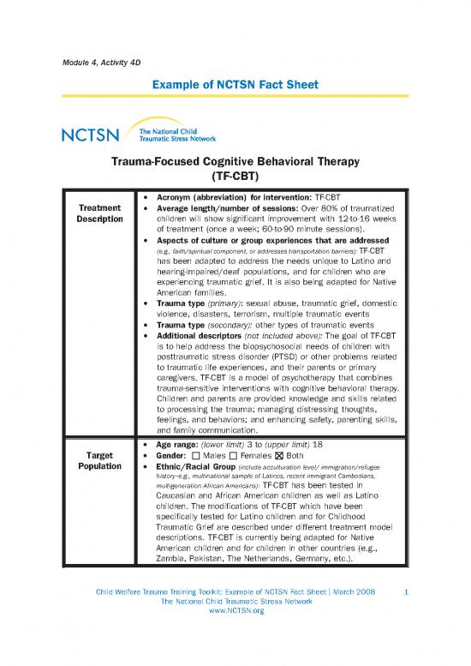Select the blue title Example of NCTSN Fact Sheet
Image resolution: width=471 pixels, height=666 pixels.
tap(235, 87)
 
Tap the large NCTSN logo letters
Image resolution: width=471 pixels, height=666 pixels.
tap(91, 135)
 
